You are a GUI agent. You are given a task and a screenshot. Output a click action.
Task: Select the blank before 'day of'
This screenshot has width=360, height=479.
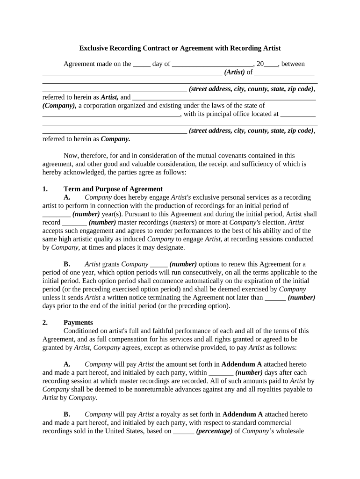click(x=142, y=65)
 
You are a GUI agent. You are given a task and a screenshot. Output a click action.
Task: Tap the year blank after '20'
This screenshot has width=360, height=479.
click(x=271, y=65)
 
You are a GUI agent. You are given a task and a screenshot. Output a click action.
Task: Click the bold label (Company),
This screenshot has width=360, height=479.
click(x=59, y=106)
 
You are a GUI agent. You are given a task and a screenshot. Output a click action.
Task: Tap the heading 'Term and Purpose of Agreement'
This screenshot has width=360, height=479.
click(x=113, y=189)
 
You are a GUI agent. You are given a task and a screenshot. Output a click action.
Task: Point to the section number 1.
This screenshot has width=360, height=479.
click(x=45, y=189)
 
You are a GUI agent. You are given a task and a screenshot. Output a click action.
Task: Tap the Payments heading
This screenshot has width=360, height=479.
click(x=78, y=323)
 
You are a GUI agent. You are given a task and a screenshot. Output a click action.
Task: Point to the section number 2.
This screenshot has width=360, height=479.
click(x=45, y=323)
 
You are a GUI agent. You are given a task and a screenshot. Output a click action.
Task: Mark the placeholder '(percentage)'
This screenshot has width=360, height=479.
click(x=214, y=431)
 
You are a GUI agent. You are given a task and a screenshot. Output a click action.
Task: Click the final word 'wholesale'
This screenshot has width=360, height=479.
click(x=290, y=431)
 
